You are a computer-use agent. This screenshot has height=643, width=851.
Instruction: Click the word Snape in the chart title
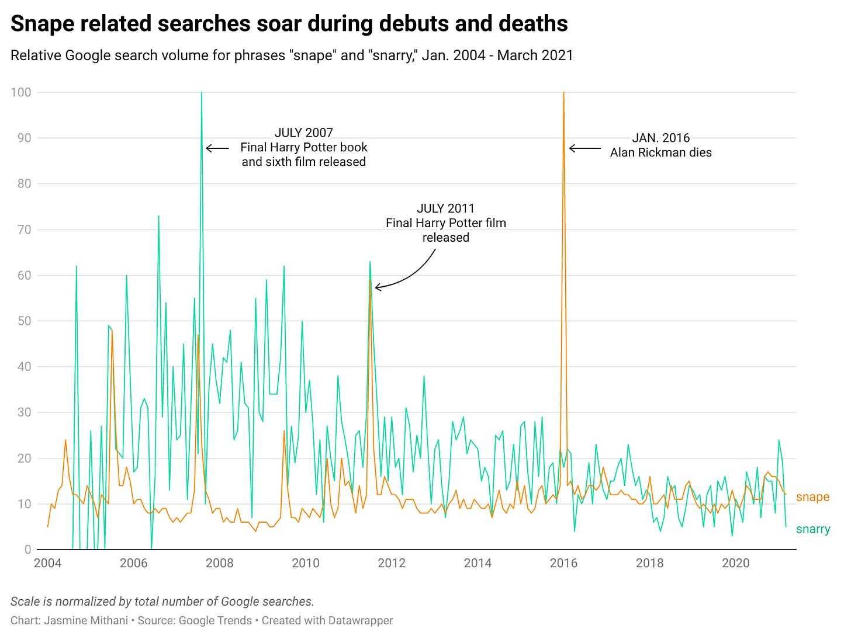[x=41, y=24]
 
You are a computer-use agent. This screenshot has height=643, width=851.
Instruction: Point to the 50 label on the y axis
[x=23, y=321]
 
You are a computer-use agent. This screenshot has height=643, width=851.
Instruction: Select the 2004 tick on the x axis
[x=48, y=564]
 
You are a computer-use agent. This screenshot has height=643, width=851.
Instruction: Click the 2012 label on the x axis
[x=392, y=564]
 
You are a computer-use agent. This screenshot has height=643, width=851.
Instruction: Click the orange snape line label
[x=812, y=497]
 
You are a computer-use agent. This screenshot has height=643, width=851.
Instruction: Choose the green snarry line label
[x=812, y=529]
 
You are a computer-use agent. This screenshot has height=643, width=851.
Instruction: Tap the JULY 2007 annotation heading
[x=303, y=133]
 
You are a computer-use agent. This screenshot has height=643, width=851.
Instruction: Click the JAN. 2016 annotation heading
[x=660, y=138]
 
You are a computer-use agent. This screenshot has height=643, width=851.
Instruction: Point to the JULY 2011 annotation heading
[x=445, y=208]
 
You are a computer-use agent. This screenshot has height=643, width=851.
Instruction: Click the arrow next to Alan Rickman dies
[x=584, y=148]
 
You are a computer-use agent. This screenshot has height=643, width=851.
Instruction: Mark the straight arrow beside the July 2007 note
[x=217, y=148]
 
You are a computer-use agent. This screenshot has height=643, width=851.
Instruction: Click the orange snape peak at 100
[x=563, y=93]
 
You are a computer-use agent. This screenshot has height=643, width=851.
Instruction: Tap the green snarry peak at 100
[x=202, y=93]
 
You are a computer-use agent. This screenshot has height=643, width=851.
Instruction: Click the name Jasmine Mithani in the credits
[x=85, y=621]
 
